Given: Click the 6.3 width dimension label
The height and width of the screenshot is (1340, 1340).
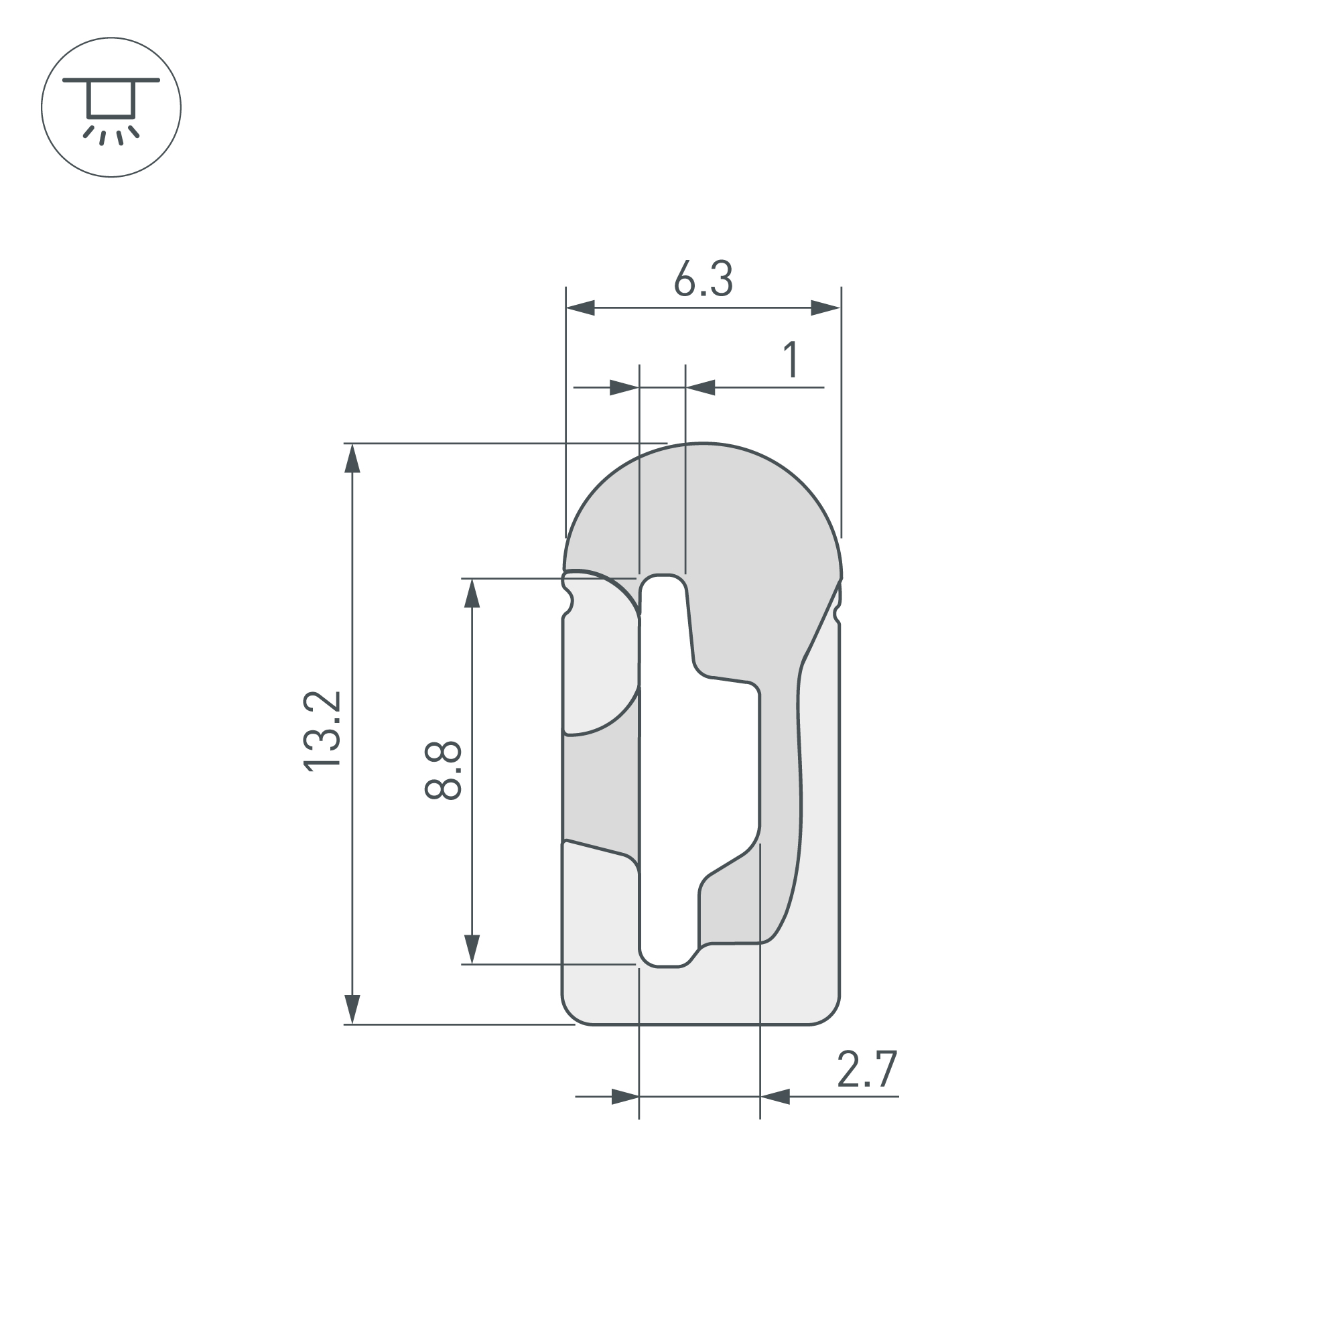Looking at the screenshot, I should [703, 279].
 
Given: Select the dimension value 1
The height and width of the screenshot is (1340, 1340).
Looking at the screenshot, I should [791, 359].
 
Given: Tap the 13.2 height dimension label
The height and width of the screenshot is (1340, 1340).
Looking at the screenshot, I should [322, 731].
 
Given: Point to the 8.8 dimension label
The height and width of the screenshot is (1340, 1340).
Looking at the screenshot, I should [443, 770].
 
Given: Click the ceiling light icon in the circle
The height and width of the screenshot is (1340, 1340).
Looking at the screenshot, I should [111, 107].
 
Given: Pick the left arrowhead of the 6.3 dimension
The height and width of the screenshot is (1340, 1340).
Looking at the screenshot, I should [581, 308].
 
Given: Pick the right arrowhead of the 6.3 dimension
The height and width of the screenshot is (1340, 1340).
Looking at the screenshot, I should [825, 308].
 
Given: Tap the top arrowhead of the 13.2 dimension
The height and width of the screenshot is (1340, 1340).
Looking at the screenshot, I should [352, 458].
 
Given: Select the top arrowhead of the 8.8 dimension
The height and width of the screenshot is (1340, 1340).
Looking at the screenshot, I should [472, 594].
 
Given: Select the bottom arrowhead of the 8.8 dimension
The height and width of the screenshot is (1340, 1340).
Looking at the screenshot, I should [472, 949].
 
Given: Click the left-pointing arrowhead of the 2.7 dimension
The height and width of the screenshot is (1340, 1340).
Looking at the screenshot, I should [775, 1097].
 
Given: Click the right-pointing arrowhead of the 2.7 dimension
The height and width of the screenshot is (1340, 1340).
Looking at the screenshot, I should [624, 1097].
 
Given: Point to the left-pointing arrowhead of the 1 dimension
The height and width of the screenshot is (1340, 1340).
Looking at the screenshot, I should [701, 388].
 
